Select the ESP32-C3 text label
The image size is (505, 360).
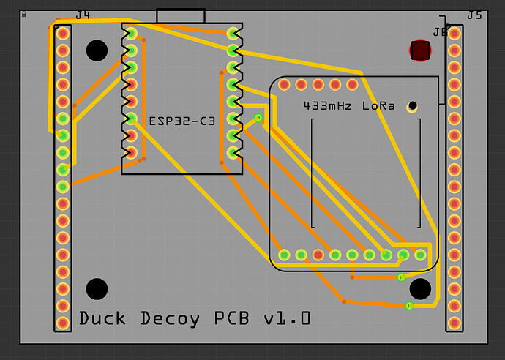tap(182, 121)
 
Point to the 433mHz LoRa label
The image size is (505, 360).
tap(349, 106)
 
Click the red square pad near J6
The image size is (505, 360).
tap(420, 50)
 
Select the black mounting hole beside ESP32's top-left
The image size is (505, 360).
tap(97, 50)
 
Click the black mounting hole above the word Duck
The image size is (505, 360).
tap(97, 289)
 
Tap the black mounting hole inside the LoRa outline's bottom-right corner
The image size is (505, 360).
tap(420, 289)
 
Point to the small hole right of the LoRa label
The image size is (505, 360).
tap(413, 107)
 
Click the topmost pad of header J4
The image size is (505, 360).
tap(63, 34)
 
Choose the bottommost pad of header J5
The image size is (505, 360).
tap(454, 323)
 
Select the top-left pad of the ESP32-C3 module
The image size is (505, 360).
tap(131, 34)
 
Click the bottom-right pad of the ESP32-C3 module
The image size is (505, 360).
tap(233, 153)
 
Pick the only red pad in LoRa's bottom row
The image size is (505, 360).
tap(318, 255)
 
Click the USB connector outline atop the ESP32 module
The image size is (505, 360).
tap(181, 16)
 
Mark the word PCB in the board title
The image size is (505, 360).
tap(233, 319)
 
